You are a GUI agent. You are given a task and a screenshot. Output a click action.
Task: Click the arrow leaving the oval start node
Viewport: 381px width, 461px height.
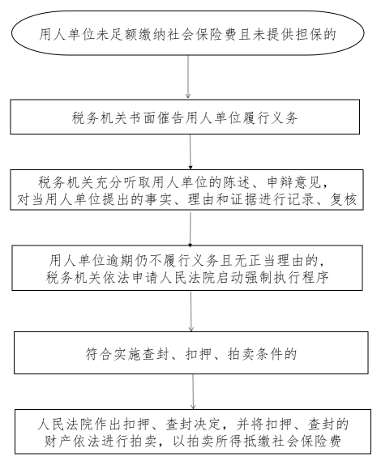coord(188,77)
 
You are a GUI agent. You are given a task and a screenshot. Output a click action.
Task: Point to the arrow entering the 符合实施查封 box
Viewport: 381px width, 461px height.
coord(191,311)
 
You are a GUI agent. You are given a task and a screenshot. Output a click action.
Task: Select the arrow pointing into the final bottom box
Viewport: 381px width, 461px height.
coord(193,391)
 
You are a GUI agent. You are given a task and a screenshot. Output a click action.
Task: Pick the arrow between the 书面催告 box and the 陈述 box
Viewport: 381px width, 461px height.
coord(190,152)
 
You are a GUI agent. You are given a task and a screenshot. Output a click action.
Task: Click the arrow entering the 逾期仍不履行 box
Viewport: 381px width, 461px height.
coord(190,228)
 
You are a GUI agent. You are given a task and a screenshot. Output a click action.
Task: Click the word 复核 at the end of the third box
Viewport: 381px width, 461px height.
coord(343,199)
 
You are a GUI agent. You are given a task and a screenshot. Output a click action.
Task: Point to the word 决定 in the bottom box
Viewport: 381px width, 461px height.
coord(208,424)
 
